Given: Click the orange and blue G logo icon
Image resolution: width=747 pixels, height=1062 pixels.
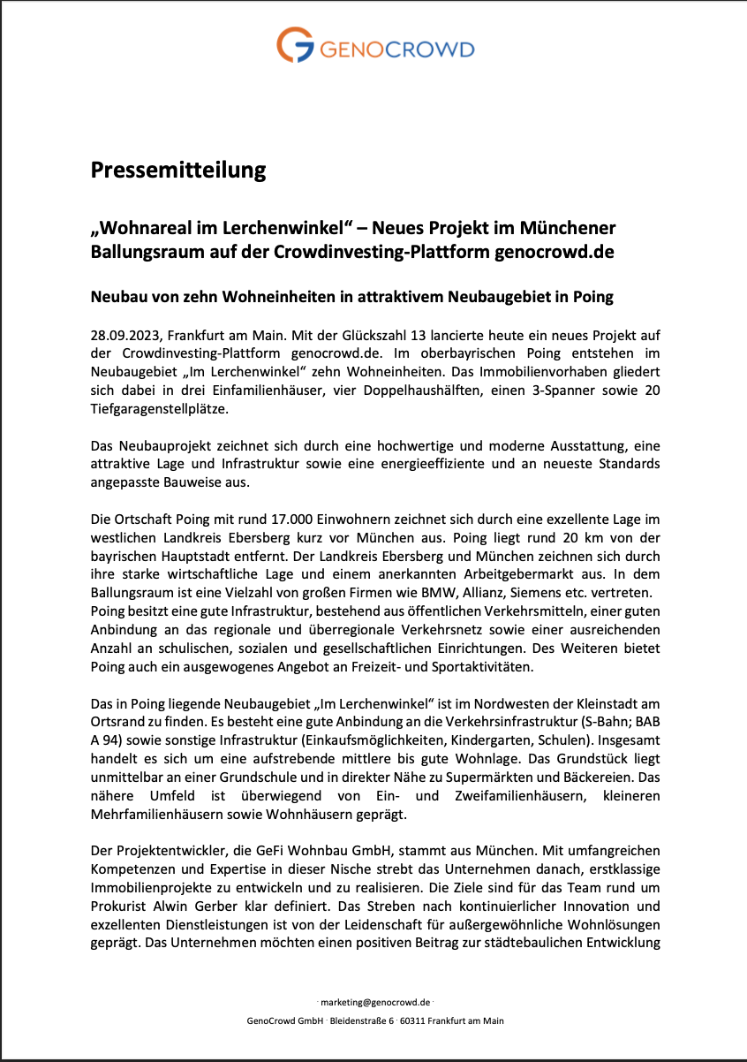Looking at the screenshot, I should coord(294,46).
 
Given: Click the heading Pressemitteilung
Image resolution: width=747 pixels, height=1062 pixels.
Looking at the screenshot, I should coord(178,169).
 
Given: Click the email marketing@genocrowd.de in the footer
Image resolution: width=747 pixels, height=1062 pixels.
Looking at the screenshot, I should coord(375,1003).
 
